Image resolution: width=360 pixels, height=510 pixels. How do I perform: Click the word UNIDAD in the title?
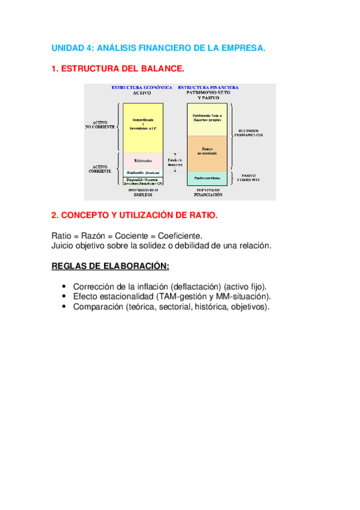pos(69,47)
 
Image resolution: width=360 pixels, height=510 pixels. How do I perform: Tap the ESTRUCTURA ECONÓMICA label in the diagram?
pos(142,87)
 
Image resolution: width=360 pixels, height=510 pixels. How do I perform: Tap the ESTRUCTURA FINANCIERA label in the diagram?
pos(208,87)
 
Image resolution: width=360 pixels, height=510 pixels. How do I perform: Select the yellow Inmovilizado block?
pos(142,126)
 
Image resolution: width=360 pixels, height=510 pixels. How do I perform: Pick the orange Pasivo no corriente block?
pos(207,153)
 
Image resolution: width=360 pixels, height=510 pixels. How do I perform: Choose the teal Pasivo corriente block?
pos(207,177)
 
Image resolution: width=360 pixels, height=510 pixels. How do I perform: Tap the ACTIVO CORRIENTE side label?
pos(100,169)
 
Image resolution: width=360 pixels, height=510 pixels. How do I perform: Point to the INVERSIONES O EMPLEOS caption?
pos(142,194)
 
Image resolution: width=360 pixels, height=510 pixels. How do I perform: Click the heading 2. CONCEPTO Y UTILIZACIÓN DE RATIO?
pos(135,215)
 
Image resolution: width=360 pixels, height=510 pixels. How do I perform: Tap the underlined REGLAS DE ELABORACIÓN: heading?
pos(111,266)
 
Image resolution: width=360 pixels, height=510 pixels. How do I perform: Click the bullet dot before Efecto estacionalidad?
pos(64,296)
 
